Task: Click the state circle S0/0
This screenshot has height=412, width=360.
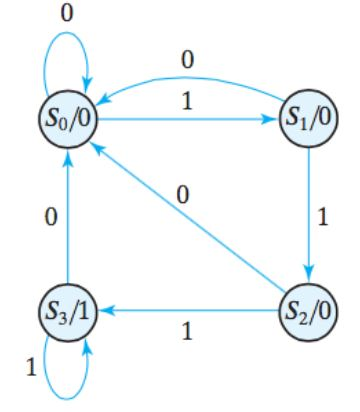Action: (x=67, y=124)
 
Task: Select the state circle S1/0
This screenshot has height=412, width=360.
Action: (x=309, y=124)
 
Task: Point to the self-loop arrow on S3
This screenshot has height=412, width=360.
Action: (x=67, y=375)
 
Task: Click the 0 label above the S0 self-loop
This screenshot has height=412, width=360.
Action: (x=67, y=14)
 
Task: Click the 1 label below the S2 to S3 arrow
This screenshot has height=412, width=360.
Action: (x=187, y=331)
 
